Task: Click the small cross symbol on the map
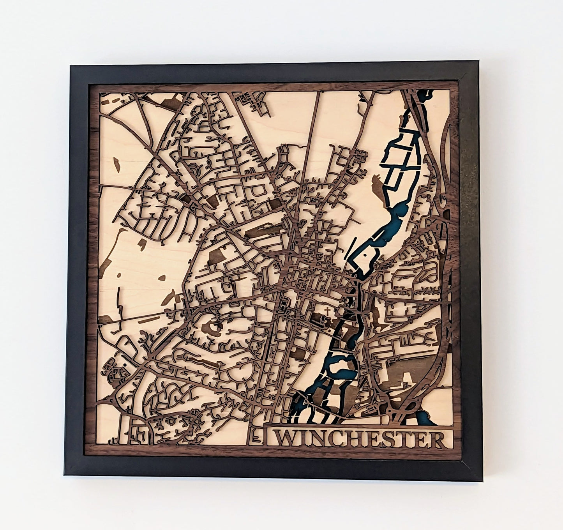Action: click(x=328, y=311)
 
